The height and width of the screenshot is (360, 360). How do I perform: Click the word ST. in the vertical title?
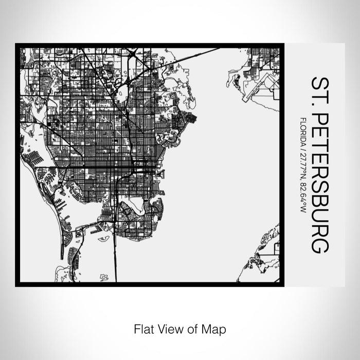coord(318,92)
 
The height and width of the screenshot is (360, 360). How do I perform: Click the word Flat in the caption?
coord(142,328)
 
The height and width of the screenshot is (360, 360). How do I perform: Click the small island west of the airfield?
coord(233,80)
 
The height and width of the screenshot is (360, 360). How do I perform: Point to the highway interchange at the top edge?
coord(133,53)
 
